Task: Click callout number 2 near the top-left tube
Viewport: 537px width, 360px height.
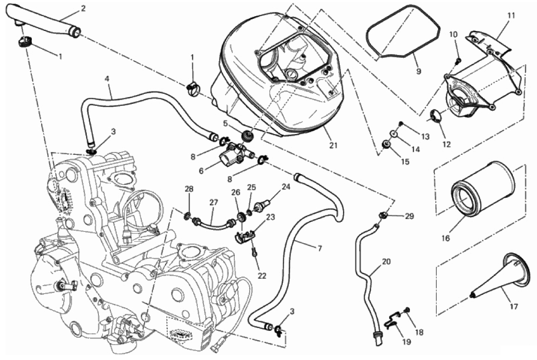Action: click(x=83, y=8)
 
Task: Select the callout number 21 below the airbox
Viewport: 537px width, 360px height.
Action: click(x=333, y=145)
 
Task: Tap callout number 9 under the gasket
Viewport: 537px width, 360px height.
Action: click(x=418, y=71)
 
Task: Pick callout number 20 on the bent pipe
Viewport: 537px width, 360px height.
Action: click(x=386, y=262)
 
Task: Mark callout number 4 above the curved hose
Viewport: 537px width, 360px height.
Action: click(x=107, y=79)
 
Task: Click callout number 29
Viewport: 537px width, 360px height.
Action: click(x=410, y=216)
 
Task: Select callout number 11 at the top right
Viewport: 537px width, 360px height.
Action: click(x=511, y=15)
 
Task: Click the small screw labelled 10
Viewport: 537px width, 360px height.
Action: click(x=459, y=60)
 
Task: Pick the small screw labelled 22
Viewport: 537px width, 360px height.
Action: click(x=254, y=252)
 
